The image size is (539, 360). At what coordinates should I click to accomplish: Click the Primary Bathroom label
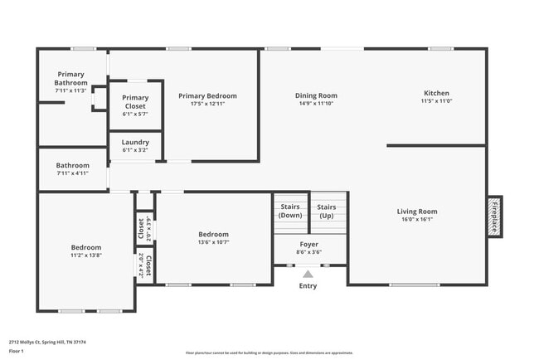pos(71,79)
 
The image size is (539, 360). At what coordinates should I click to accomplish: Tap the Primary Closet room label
pos(135,102)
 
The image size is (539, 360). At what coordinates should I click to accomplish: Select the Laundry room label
pos(135,142)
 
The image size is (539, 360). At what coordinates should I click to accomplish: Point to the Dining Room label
pos(316,95)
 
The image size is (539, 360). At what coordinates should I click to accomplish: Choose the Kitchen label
pos(436,93)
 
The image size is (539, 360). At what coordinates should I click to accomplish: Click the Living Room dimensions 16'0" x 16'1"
pos(416,220)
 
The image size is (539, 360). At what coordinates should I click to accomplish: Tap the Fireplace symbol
pos(494,216)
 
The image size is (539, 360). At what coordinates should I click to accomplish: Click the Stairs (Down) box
pos(290,211)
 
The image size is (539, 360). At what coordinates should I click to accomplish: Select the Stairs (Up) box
pos(328,211)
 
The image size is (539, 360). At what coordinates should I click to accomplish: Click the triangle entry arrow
pos(308,274)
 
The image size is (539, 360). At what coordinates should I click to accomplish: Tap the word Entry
pos(308,286)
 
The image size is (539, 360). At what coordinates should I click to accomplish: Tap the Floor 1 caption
pos(17,351)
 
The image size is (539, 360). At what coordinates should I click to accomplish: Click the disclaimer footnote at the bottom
pos(269,352)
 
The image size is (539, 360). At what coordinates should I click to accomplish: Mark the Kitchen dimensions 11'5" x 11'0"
pos(436,101)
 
